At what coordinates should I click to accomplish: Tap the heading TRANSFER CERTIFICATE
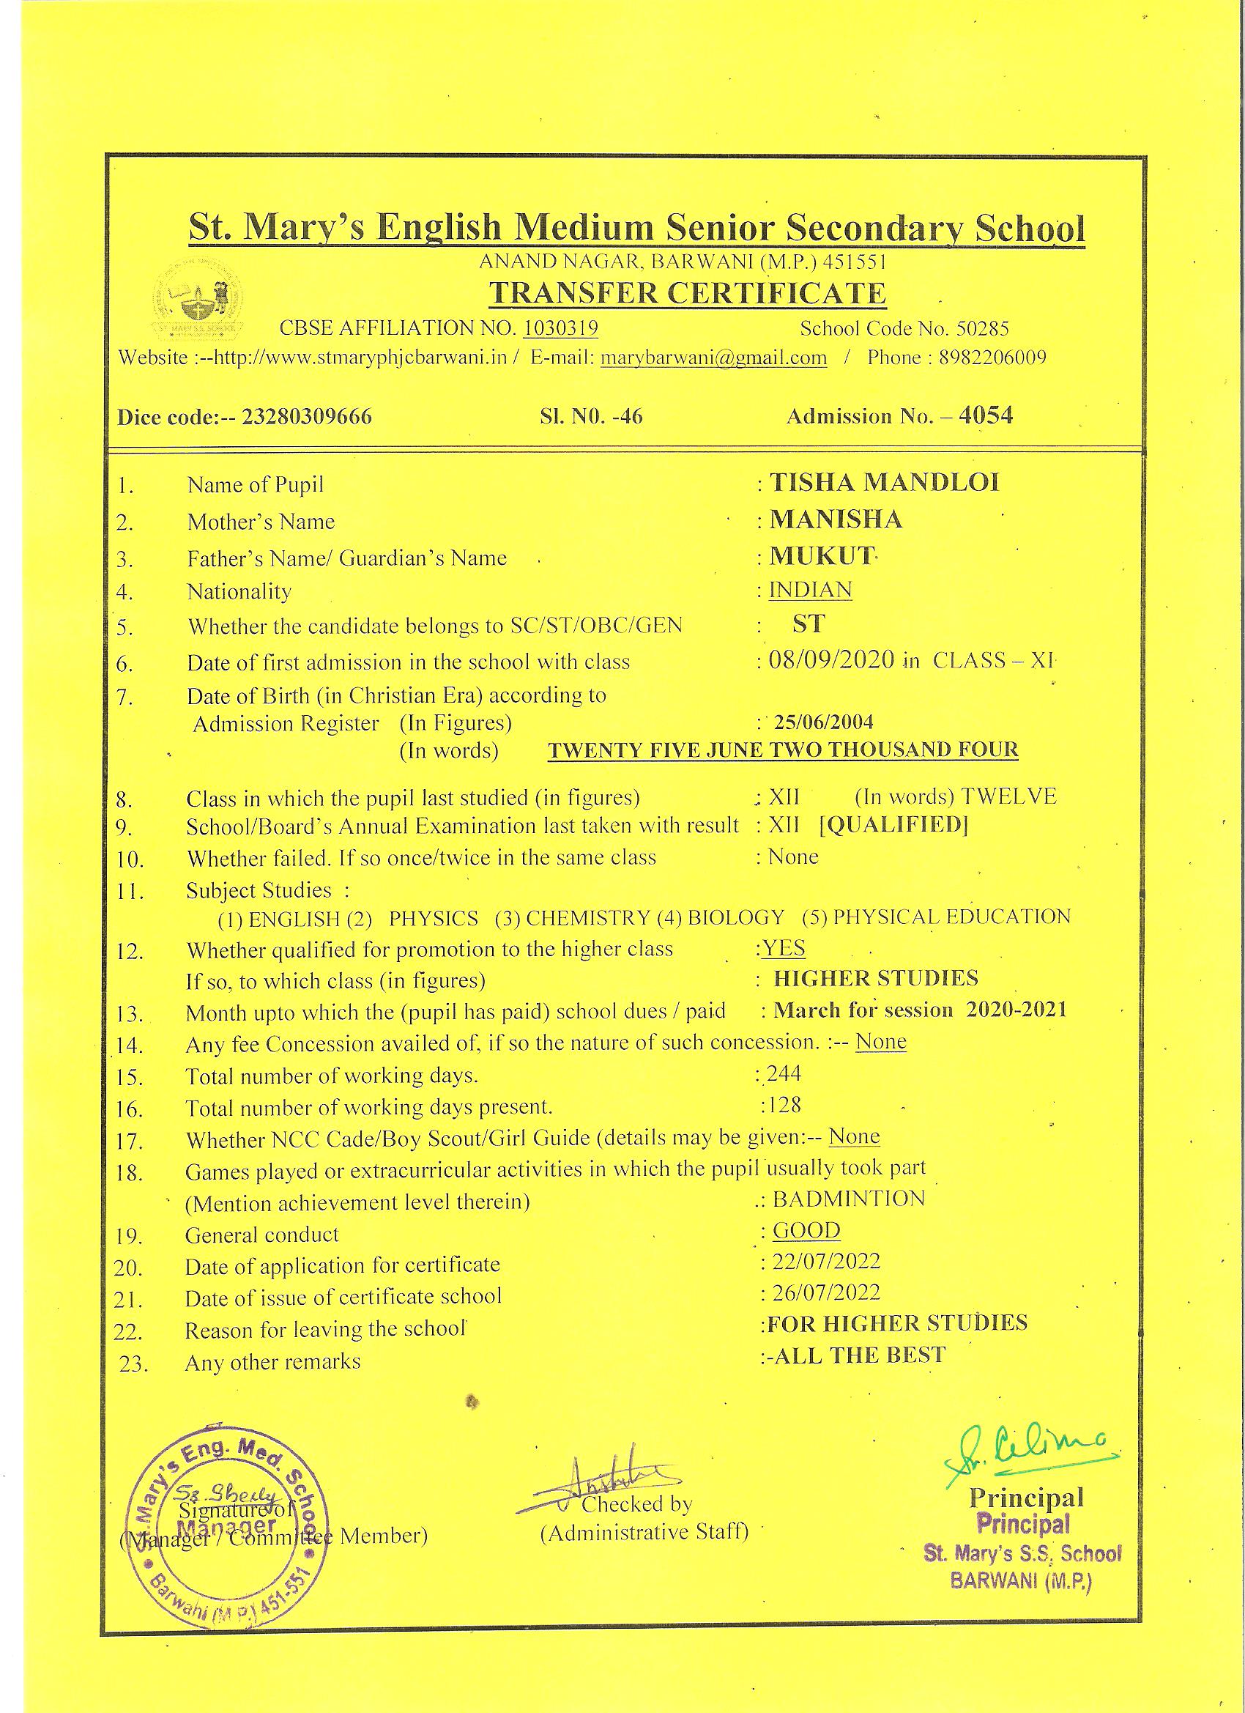pyautogui.click(x=687, y=293)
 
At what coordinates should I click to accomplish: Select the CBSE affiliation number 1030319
pyautogui.click(x=561, y=328)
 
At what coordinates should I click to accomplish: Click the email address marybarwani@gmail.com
pyautogui.click(x=713, y=358)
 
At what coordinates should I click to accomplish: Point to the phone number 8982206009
pyautogui.click(x=992, y=358)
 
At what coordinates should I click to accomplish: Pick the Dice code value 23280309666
pyautogui.click(x=307, y=418)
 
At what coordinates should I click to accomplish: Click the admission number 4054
pyautogui.click(x=985, y=415)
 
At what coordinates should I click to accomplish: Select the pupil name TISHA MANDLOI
pyautogui.click(x=884, y=483)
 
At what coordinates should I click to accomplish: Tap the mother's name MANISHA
pyautogui.click(x=836, y=519)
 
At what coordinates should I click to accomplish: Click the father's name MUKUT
pyautogui.click(x=822, y=556)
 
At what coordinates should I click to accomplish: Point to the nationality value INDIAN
pyautogui.click(x=810, y=590)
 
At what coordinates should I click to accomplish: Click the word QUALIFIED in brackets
pyautogui.click(x=893, y=824)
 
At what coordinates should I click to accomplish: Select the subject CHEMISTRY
pyautogui.click(x=587, y=919)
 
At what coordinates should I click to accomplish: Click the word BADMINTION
pyautogui.click(x=849, y=1199)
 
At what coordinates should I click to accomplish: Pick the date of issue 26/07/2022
pyautogui.click(x=825, y=1292)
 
